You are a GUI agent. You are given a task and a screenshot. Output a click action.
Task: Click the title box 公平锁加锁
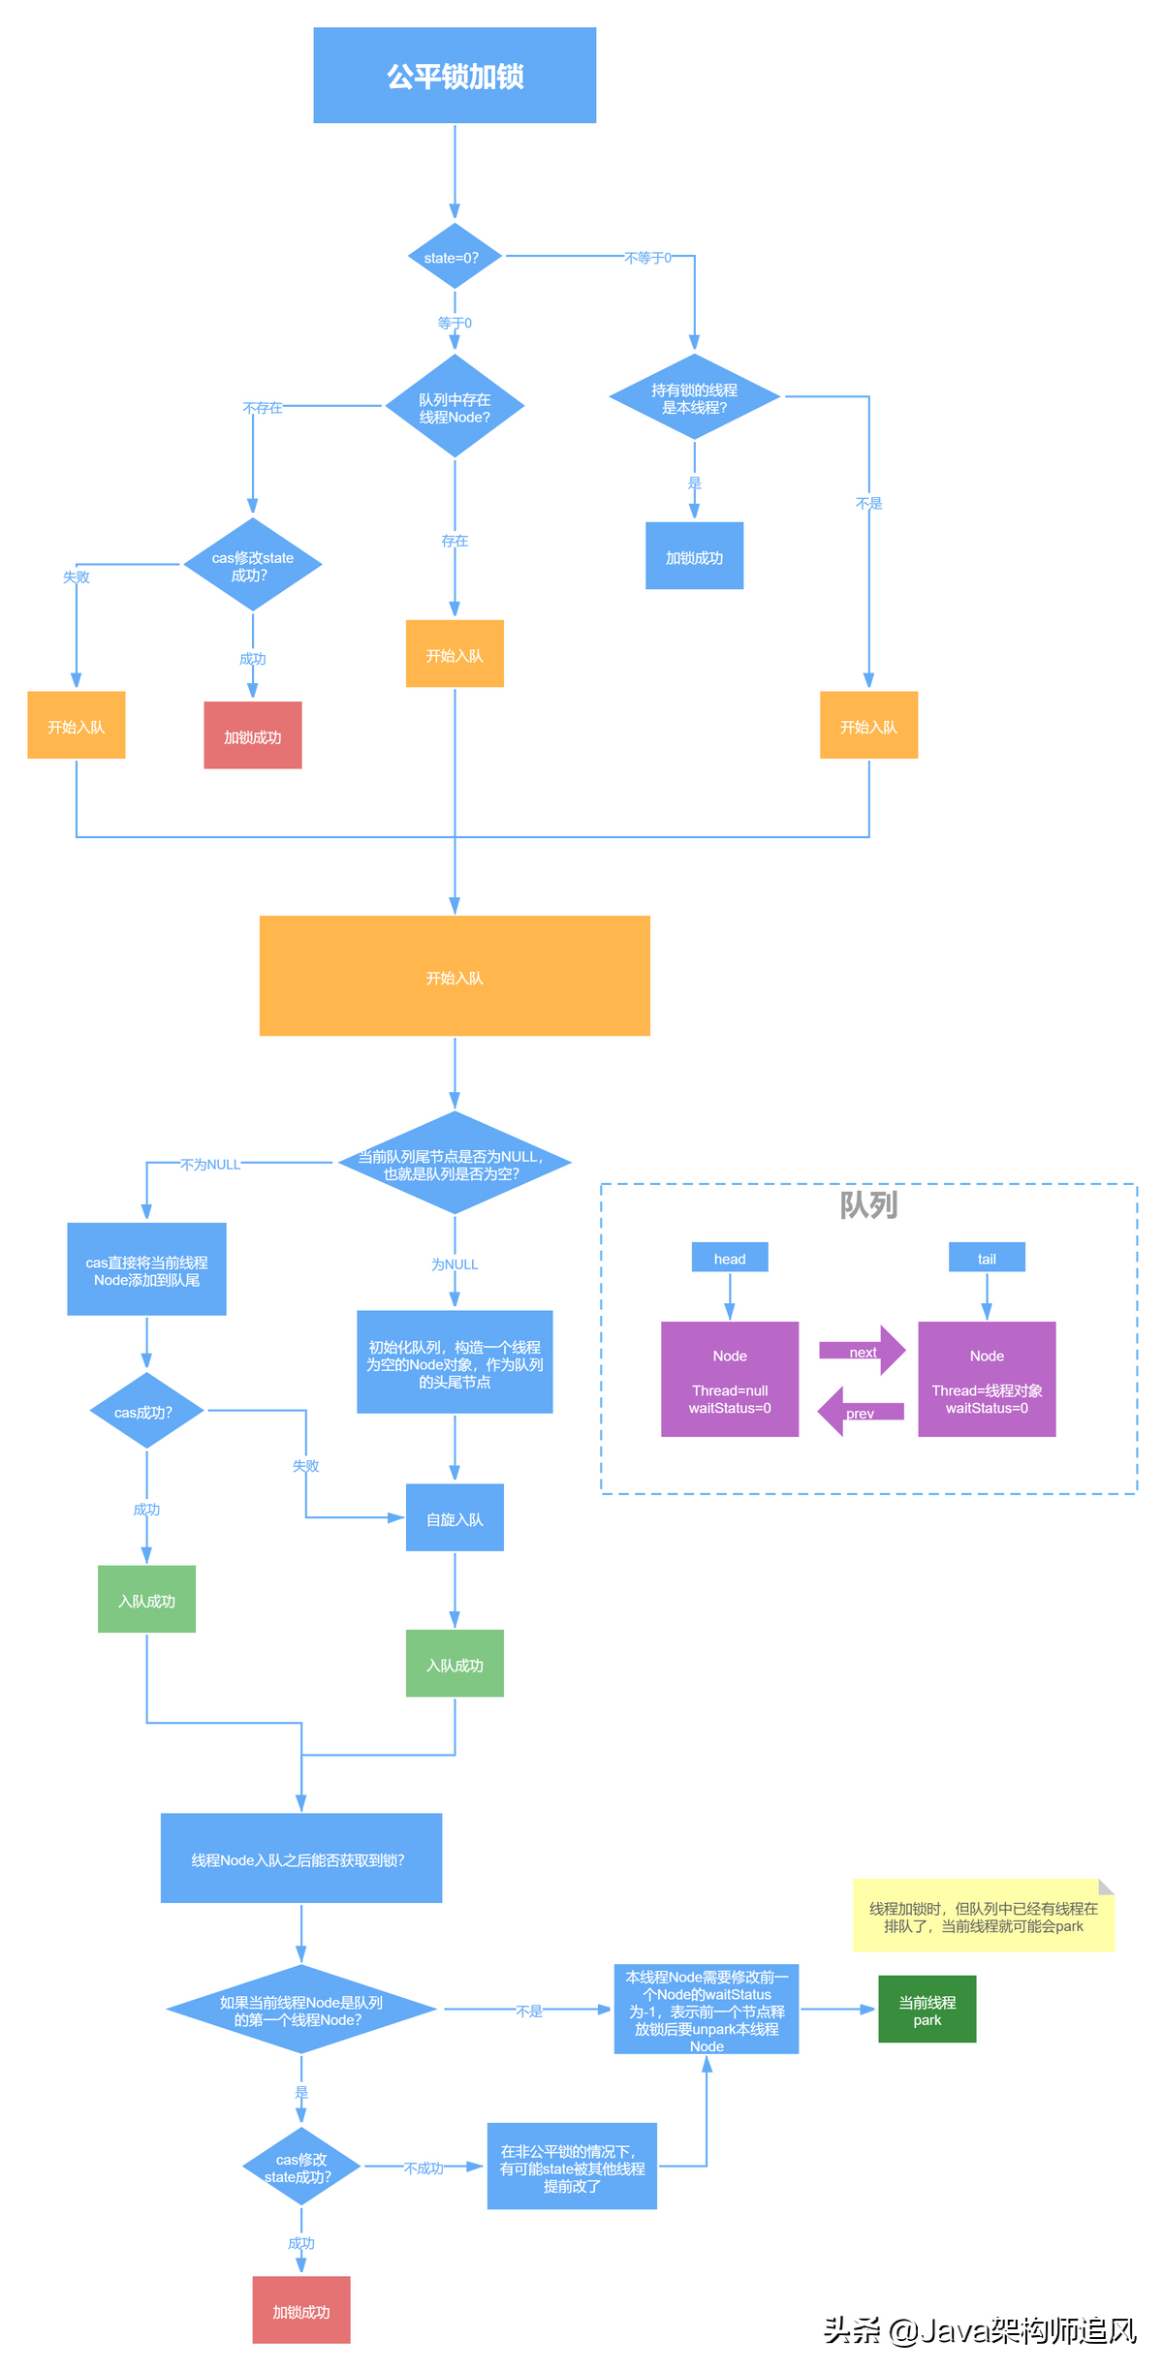[x=455, y=76]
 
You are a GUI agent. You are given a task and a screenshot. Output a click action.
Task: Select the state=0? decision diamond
[x=455, y=257]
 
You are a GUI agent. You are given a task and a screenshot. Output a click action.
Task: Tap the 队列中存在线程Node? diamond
[x=455, y=406]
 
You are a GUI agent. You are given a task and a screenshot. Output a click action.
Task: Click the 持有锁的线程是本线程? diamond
[x=694, y=397]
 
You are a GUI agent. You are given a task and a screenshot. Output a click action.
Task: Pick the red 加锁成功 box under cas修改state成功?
[x=253, y=735]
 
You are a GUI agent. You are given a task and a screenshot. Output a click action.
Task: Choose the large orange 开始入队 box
[x=455, y=976]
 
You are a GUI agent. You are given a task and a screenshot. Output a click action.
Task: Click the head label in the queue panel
[x=730, y=1258]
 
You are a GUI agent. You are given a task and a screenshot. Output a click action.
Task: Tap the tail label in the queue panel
[x=987, y=1258]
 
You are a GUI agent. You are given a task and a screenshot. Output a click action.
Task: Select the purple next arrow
[x=863, y=1350]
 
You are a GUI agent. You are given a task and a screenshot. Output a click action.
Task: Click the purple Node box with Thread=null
[x=730, y=1379]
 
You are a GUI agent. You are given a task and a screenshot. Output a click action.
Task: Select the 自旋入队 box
[x=455, y=1517]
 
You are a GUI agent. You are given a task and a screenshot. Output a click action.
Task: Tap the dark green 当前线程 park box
[x=927, y=2009]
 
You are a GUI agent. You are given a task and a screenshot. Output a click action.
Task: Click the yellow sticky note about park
[x=984, y=1916]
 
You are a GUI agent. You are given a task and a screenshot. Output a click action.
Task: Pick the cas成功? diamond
[x=146, y=1411]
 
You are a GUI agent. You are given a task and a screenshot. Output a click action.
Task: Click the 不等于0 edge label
[x=647, y=258]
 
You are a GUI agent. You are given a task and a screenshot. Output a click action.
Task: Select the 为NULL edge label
[x=455, y=1264]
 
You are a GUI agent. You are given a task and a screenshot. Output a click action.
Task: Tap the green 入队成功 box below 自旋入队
[x=455, y=1664]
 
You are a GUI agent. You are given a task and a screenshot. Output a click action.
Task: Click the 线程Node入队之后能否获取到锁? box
[x=301, y=1858]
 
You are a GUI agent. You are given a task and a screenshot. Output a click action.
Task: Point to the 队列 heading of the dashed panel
[x=868, y=1205]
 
